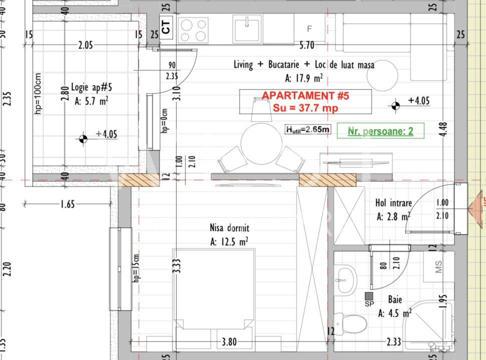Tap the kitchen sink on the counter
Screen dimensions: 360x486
point(247,27)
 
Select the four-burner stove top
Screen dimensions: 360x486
point(193,29)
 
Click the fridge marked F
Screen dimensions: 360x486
point(309,28)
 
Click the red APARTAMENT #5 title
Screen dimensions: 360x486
point(305,95)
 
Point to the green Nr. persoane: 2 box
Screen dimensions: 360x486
point(381,131)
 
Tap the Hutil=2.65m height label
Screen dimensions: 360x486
point(308,129)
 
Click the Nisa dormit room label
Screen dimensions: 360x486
point(229,228)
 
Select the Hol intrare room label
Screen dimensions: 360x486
point(393,203)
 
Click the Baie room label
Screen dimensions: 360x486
point(394,300)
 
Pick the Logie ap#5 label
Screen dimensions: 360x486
point(92,87)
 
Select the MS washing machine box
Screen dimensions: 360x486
point(438,267)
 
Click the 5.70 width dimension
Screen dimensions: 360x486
point(306,45)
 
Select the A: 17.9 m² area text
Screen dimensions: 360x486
point(303,78)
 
